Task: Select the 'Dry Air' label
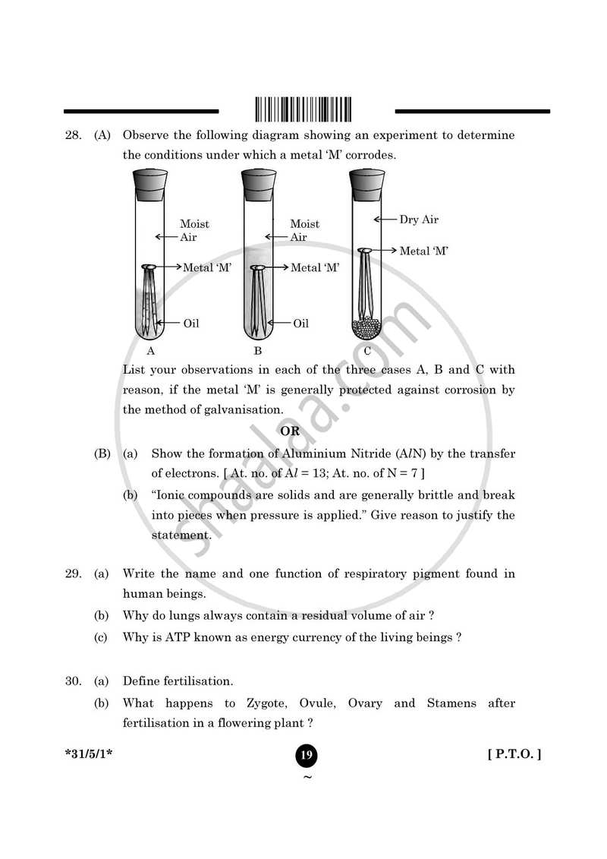419,219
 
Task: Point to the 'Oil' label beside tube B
300,324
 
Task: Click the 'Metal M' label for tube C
423,251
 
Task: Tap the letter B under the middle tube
258,351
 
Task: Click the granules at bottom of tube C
366,327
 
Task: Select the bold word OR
290,431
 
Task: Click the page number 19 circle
306,755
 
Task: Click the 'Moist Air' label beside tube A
194,230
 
